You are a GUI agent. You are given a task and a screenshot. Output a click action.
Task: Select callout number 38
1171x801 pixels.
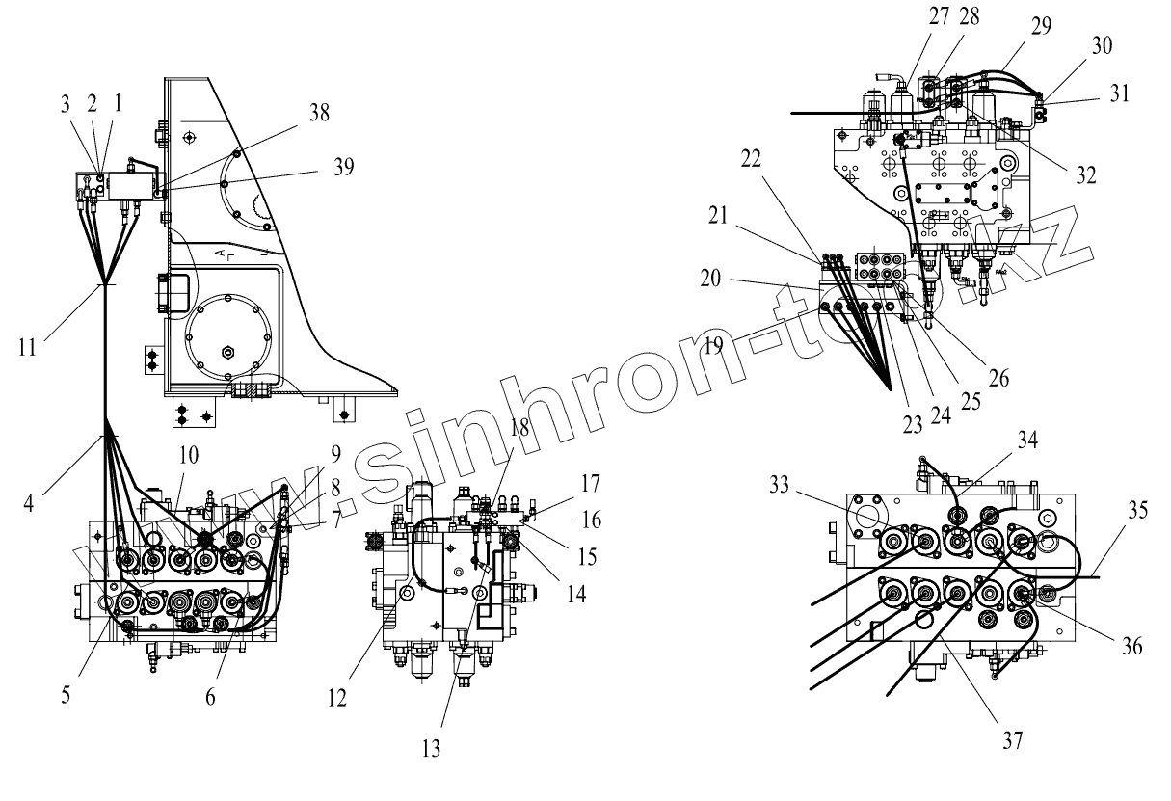pos(318,113)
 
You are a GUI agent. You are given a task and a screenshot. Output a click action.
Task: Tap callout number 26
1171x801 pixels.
pos(999,377)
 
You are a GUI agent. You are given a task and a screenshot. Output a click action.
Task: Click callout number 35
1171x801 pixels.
pos(1139,510)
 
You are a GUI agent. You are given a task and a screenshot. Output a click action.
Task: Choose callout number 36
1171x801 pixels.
pos(1132,647)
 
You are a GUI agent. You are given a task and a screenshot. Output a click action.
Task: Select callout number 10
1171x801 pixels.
pos(188,454)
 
